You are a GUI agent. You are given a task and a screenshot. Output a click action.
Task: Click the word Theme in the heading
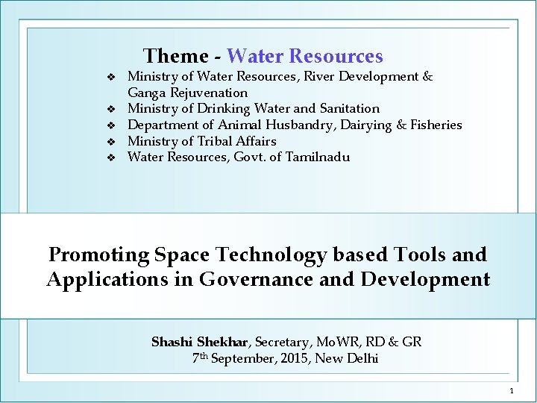[x=176, y=56]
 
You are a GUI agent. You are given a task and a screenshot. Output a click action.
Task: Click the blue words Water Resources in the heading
[x=304, y=56]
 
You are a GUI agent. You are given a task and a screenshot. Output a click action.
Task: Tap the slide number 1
[x=512, y=391]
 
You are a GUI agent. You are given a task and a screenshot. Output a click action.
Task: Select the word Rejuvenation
[x=208, y=93]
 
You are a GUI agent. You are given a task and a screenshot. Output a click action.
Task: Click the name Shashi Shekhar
[x=200, y=342]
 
